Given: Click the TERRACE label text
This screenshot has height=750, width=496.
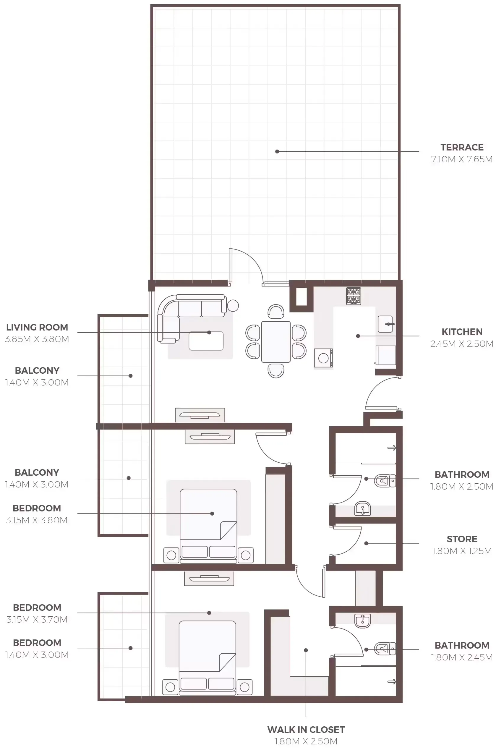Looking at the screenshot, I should point(461,148).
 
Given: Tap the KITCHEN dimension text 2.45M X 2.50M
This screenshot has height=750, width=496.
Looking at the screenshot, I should point(461,344).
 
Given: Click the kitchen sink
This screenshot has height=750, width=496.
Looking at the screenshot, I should point(385,324).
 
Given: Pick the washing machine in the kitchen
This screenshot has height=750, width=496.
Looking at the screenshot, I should point(323,358).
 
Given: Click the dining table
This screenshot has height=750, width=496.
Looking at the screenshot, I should point(276,342).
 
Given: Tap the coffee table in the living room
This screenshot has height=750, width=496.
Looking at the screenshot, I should point(206,341).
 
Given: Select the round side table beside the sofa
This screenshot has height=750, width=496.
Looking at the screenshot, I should point(233,306).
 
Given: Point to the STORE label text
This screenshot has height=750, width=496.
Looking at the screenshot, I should point(461,539).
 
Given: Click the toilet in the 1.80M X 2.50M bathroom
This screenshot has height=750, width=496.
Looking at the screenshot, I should point(385,481).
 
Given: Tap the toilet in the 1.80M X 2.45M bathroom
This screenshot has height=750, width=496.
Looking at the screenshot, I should point(385,649).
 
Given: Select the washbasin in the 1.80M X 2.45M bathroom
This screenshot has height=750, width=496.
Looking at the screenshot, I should point(362,621).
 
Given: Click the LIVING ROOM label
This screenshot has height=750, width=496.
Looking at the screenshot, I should point(37,327).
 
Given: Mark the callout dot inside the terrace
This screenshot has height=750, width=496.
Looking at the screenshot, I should point(277,152).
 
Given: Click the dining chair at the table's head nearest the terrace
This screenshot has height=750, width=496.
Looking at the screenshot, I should point(276,312).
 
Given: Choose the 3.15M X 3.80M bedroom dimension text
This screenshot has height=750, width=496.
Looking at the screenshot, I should point(37,520).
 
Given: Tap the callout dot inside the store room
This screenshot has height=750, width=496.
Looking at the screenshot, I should point(366,543).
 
